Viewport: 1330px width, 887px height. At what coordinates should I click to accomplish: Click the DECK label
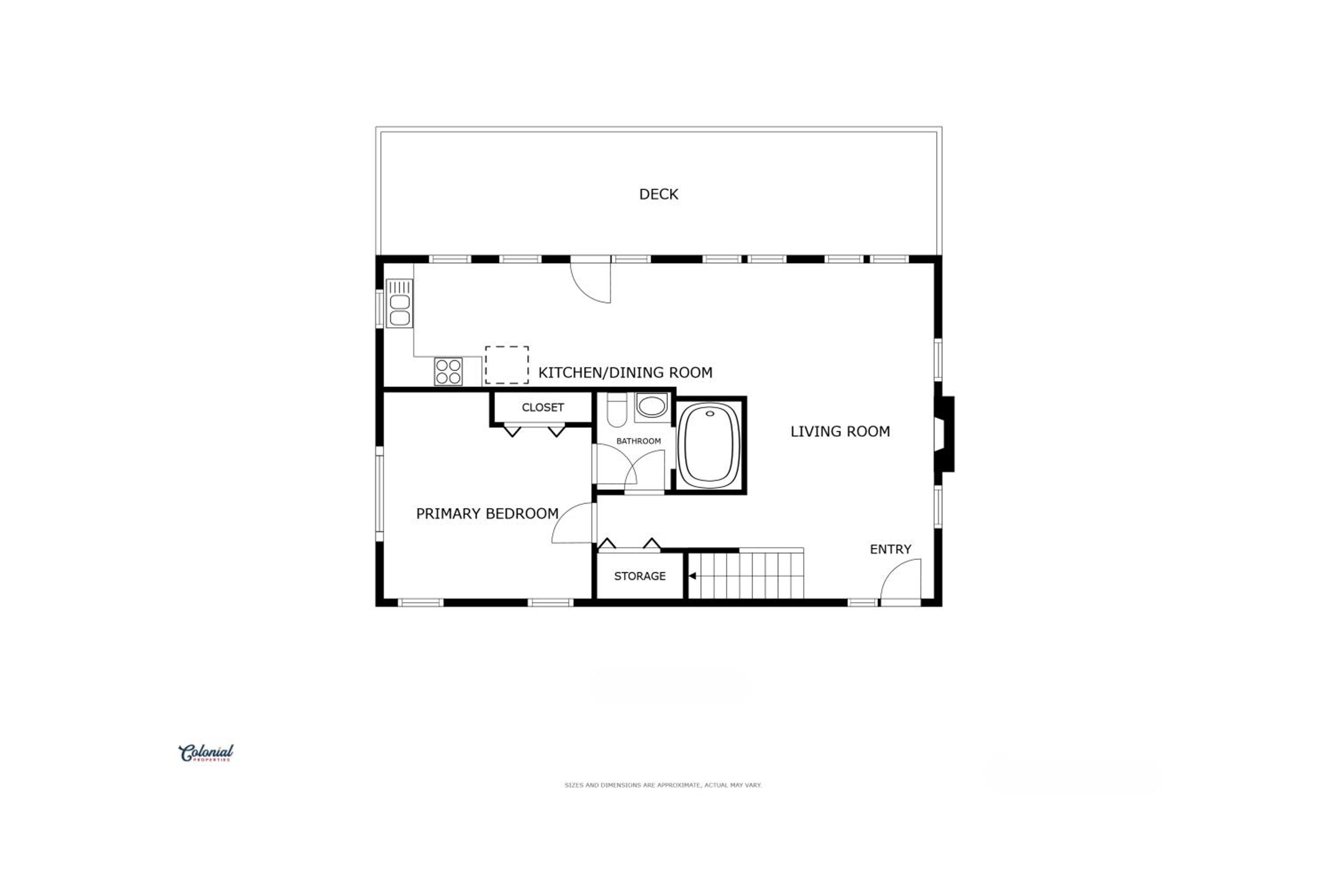658,194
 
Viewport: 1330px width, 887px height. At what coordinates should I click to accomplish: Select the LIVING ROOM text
840,431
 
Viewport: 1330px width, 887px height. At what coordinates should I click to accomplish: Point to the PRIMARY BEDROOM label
487,513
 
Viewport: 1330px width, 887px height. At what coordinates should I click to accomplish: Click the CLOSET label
542,407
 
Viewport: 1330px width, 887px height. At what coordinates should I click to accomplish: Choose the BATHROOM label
638,441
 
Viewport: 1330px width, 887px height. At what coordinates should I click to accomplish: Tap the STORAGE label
640,576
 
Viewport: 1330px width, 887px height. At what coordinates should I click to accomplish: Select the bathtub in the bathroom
709,445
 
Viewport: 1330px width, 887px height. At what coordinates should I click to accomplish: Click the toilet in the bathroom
617,409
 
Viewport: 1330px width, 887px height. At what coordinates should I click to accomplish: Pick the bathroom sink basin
651,406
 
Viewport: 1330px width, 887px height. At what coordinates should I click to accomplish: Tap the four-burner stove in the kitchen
448,372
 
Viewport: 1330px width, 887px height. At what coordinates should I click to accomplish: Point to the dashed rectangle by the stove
507,365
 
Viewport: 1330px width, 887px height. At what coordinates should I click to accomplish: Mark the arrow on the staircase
692,576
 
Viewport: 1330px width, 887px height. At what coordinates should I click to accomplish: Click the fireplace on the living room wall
944,434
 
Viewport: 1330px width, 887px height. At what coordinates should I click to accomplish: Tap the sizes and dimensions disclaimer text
663,785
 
